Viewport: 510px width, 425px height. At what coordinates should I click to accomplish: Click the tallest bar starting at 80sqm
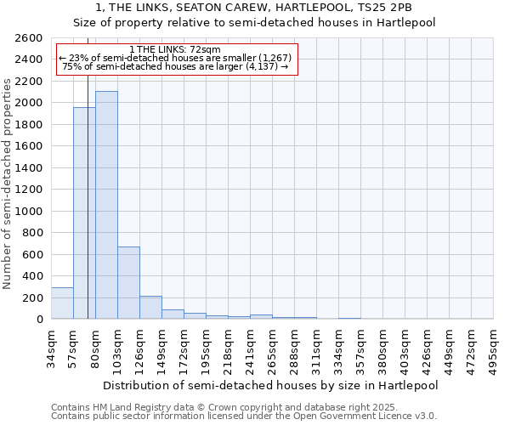click(x=106, y=205)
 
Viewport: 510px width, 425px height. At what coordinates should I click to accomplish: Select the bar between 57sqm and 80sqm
click(x=84, y=212)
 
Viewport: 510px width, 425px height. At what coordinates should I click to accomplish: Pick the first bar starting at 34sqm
click(x=62, y=303)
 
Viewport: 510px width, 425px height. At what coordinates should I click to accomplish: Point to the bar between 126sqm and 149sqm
click(x=150, y=308)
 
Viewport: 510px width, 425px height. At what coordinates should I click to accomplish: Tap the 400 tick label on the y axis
click(x=34, y=276)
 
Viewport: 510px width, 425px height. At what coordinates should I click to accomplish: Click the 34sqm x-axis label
click(x=51, y=348)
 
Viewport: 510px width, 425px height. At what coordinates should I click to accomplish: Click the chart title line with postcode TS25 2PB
click(x=254, y=8)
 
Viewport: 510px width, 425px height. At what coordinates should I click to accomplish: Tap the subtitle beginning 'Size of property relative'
click(x=254, y=23)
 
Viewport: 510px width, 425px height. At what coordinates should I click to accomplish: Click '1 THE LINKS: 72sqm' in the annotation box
click(x=176, y=49)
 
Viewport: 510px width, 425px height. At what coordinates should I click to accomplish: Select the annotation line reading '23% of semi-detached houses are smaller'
click(x=176, y=58)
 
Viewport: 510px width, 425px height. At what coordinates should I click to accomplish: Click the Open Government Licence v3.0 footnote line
click(x=244, y=416)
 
